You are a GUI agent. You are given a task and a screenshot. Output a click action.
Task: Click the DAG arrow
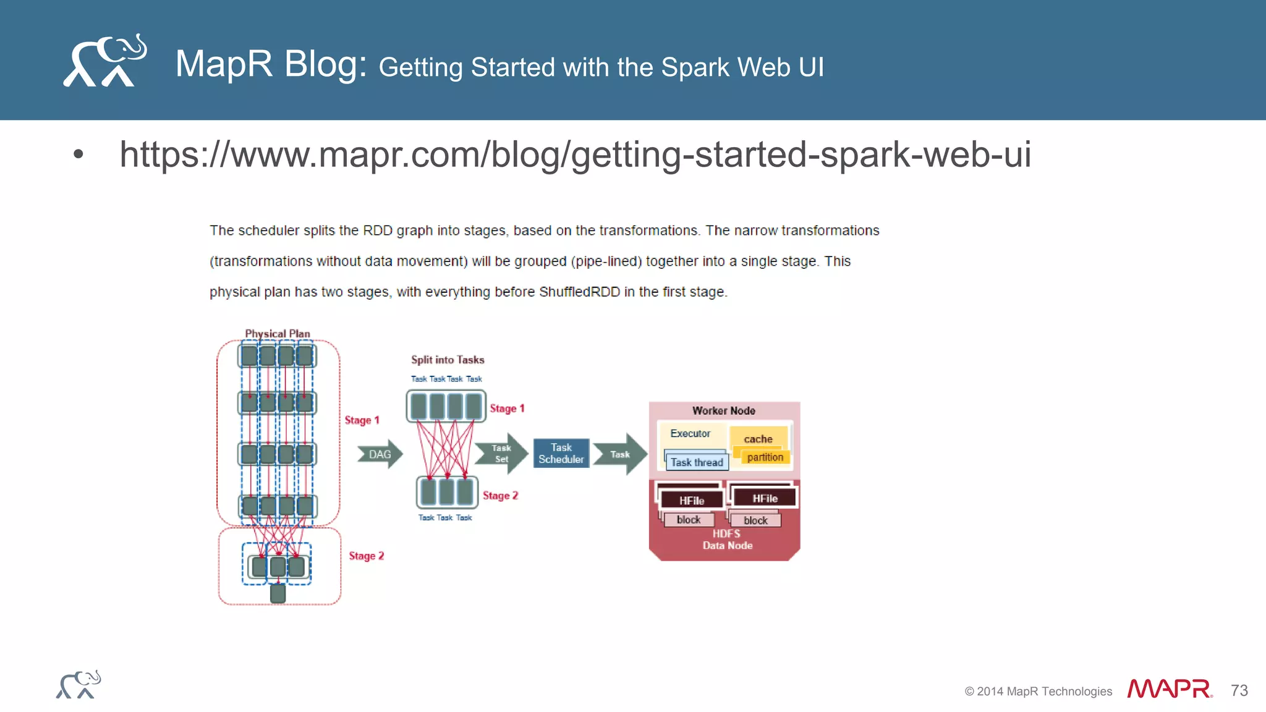tap(380, 454)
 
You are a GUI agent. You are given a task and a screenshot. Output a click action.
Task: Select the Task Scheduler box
tap(561, 454)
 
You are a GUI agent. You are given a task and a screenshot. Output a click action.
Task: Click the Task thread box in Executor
tap(697, 462)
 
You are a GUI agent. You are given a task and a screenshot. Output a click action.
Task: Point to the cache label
tap(758, 439)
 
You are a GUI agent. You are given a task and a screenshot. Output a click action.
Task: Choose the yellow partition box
tap(765, 457)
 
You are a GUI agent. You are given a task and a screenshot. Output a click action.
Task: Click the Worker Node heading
tap(723, 410)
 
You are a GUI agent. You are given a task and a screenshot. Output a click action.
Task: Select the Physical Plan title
tap(278, 334)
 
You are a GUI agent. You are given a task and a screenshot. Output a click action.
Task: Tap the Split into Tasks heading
tap(448, 360)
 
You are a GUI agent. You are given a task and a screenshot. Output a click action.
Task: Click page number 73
tap(1239, 690)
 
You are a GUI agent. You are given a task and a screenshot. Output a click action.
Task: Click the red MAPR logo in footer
tap(1169, 689)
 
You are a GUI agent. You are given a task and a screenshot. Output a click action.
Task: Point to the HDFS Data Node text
tap(727, 540)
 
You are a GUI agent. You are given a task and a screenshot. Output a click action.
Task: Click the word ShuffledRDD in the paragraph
tap(579, 292)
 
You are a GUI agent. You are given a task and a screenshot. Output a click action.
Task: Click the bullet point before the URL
tap(78, 154)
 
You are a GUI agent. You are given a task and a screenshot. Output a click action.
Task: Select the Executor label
tap(690, 433)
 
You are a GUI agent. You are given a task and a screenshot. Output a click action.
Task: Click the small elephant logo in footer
tap(79, 685)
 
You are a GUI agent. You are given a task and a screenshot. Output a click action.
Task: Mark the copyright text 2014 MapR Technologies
tap(1038, 691)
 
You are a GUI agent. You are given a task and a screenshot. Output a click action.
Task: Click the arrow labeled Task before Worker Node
tap(620, 454)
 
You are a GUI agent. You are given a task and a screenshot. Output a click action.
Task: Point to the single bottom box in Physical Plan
tap(278, 593)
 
